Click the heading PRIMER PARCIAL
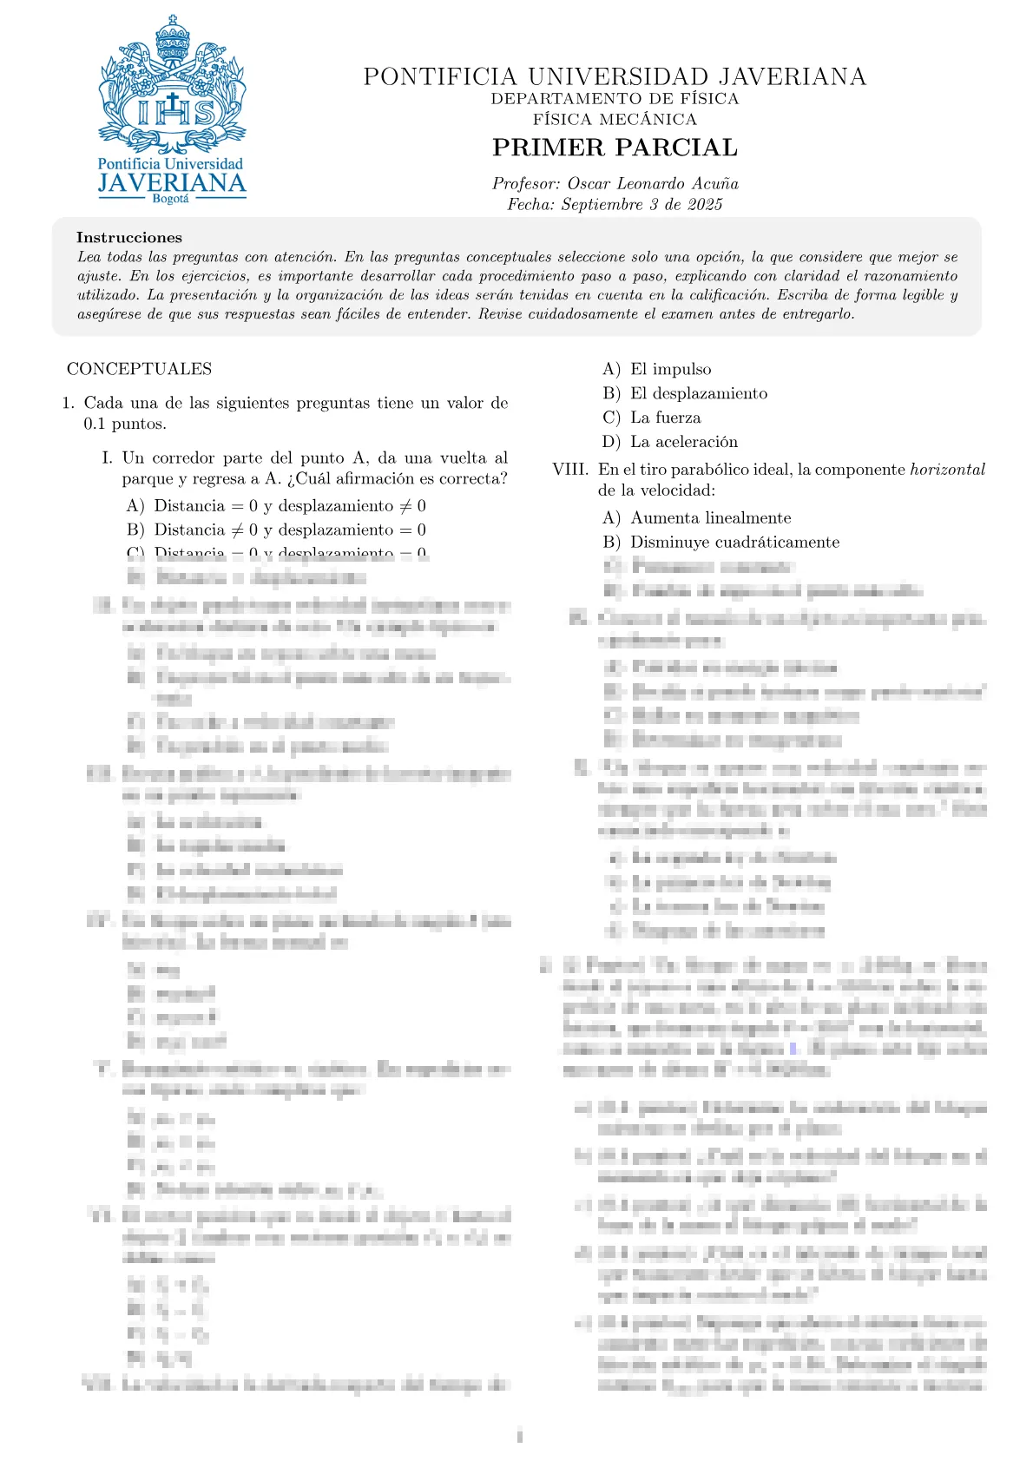[615, 148]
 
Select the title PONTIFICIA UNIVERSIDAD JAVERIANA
[615, 76]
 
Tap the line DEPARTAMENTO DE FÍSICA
[615, 99]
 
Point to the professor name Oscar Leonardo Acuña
[653, 183]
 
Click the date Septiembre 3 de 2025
[642, 204]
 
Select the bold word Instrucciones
[129, 237]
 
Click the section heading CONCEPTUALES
[139, 369]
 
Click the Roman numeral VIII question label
[570, 470]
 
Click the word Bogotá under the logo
[170, 199]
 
